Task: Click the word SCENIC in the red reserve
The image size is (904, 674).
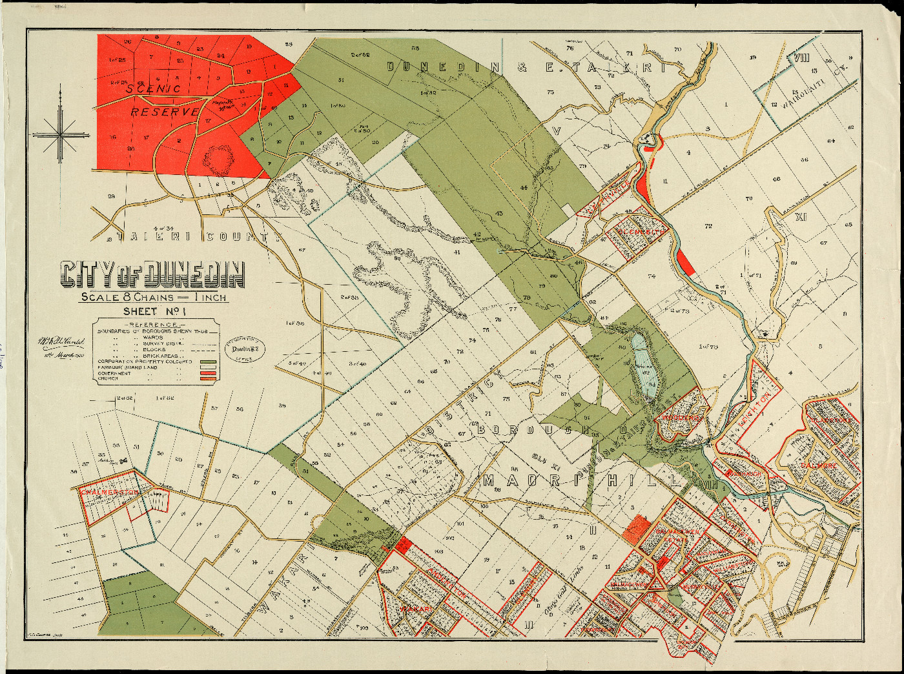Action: click(x=154, y=88)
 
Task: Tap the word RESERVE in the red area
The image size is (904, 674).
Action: click(x=165, y=112)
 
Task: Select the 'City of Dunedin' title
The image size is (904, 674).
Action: click(x=152, y=274)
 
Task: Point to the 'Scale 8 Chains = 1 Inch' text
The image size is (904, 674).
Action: click(x=154, y=298)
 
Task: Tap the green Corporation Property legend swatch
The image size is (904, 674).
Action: click(x=207, y=362)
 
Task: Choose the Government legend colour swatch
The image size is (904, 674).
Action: click(x=207, y=373)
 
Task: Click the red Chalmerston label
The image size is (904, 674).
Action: click(x=109, y=493)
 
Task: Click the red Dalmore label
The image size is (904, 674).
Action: click(x=819, y=465)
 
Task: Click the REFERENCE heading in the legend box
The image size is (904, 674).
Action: click(x=154, y=324)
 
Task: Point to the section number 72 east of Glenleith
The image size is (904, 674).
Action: click(x=708, y=226)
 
